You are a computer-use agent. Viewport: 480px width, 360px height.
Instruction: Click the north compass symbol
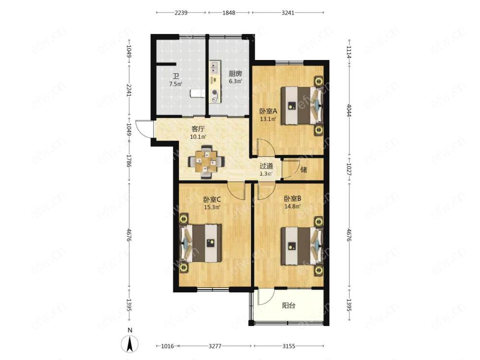(x=130, y=344)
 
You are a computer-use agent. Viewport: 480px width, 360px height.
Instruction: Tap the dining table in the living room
(x=206, y=162)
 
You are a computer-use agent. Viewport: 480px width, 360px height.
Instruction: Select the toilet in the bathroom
(x=197, y=93)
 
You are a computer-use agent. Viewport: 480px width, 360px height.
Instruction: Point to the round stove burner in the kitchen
(x=215, y=92)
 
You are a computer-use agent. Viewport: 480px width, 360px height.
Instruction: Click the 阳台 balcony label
(x=288, y=305)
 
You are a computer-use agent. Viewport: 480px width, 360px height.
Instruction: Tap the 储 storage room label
(x=303, y=169)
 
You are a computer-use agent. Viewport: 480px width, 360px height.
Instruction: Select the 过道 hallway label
(x=266, y=166)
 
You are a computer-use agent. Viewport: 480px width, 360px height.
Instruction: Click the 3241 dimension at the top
(x=288, y=12)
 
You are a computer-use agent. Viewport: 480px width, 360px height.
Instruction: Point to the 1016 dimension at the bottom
(x=168, y=346)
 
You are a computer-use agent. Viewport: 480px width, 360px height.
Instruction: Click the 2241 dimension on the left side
(x=129, y=90)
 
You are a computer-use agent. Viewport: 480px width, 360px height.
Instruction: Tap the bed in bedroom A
(x=302, y=106)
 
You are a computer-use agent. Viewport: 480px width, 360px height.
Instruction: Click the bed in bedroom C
(x=201, y=243)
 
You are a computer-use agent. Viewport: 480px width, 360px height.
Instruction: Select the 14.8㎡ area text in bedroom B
(x=292, y=206)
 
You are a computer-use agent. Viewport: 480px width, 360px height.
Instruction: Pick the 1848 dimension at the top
(x=228, y=12)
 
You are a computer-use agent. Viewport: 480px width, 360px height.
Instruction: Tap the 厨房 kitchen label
(x=235, y=73)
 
